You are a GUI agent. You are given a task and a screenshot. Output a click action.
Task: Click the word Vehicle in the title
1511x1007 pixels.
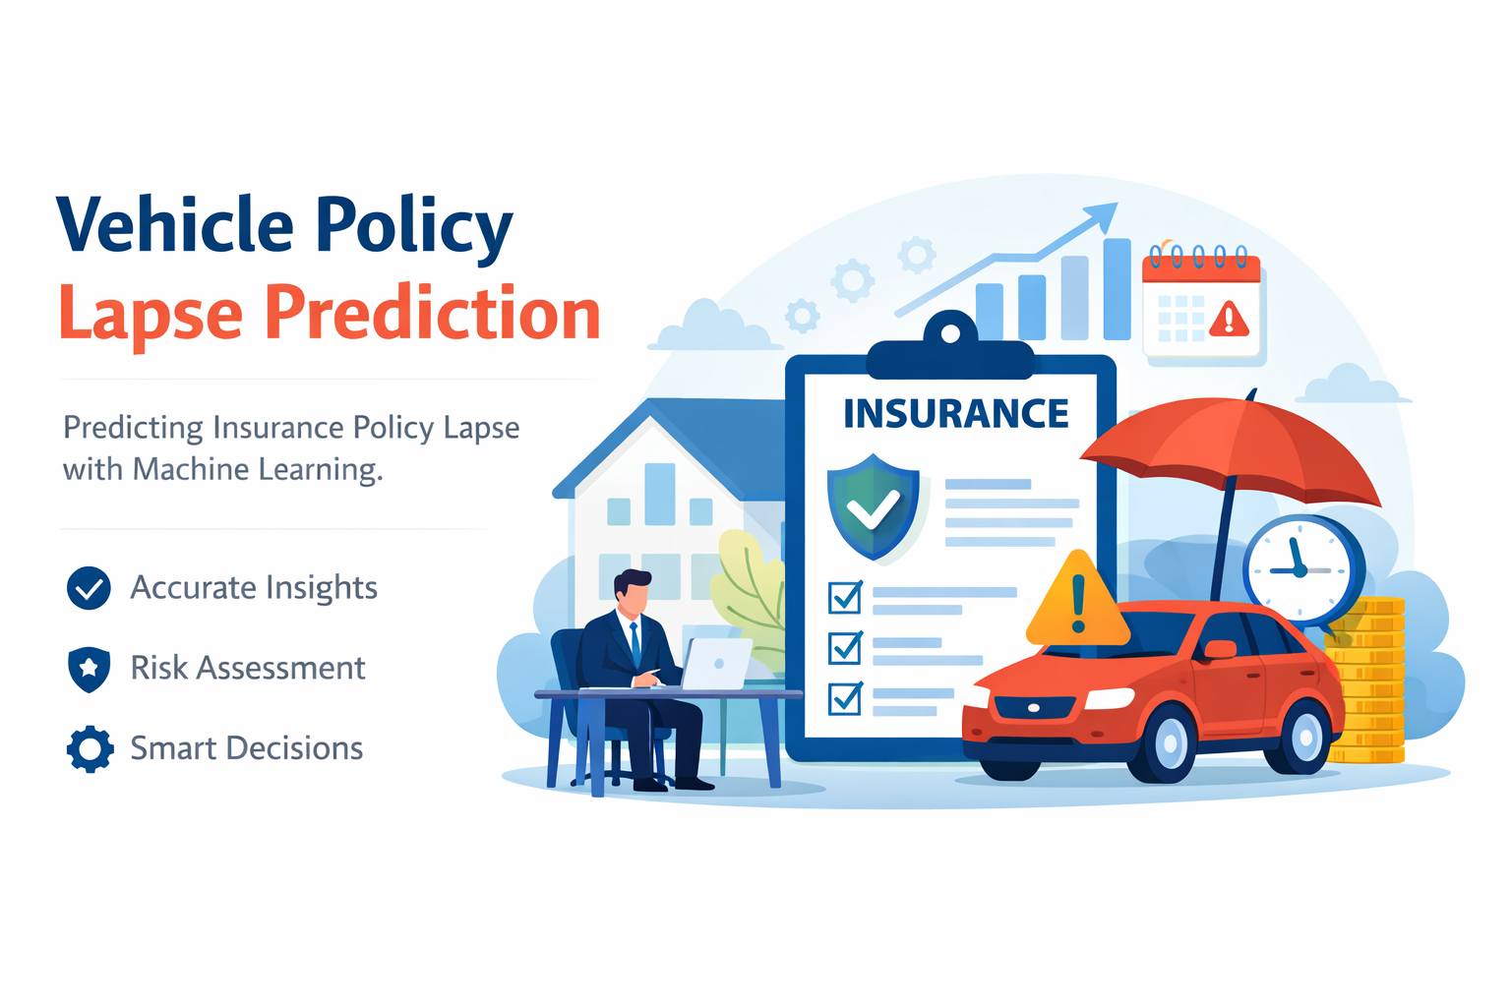tap(175, 225)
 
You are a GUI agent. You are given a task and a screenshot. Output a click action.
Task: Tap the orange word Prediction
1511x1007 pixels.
tap(433, 314)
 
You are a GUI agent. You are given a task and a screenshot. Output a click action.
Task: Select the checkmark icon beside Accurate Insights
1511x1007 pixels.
tap(89, 588)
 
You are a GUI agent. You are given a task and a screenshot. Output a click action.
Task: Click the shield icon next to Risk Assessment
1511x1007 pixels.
tap(89, 669)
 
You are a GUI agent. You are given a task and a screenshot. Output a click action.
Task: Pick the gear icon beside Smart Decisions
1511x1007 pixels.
tap(90, 749)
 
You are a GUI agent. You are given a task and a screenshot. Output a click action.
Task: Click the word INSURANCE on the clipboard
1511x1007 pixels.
tap(955, 414)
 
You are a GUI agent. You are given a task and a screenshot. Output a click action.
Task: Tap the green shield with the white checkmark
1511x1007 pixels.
tap(873, 505)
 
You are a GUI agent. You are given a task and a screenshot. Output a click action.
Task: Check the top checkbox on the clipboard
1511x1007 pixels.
tap(845, 597)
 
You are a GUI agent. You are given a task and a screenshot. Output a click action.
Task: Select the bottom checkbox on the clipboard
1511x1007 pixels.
tap(845, 698)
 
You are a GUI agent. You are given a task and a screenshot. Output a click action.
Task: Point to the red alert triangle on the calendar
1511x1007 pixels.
tap(1229, 319)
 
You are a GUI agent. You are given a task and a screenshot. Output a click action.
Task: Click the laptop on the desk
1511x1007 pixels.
tap(715, 664)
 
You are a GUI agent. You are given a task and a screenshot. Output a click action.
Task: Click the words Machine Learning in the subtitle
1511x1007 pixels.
tap(256, 470)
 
